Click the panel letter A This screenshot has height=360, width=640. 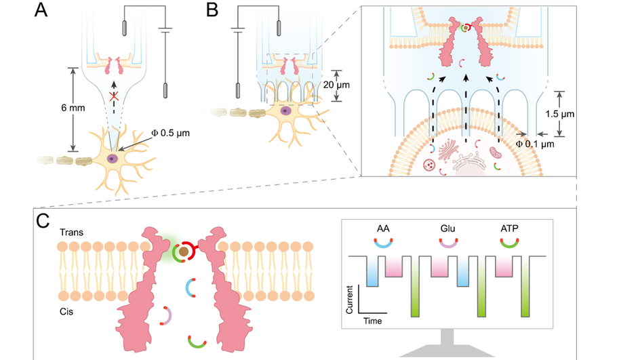[41, 9]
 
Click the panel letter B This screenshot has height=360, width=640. [212, 9]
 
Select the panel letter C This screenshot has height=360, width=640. [43, 221]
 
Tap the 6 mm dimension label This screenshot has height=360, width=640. [73, 108]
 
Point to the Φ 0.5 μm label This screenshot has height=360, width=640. [170, 133]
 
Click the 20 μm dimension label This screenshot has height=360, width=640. [336, 85]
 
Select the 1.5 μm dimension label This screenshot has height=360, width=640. [559, 114]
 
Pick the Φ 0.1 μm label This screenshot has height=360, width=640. [535, 144]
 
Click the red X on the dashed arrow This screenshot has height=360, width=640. [114, 96]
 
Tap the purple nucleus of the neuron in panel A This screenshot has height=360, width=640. [111, 159]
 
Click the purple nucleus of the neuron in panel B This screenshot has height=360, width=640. [285, 111]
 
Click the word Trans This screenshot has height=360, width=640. [71, 233]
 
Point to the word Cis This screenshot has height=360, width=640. [66, 311]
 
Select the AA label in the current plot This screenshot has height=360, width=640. [383, 228]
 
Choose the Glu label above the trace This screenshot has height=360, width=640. [447, 228]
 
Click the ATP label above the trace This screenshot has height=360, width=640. [509, 228]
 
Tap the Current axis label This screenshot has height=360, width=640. [349, 300]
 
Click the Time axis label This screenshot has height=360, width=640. [373, 321]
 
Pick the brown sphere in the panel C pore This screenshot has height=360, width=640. [184, 252]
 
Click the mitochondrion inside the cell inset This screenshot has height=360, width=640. [496, 153]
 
